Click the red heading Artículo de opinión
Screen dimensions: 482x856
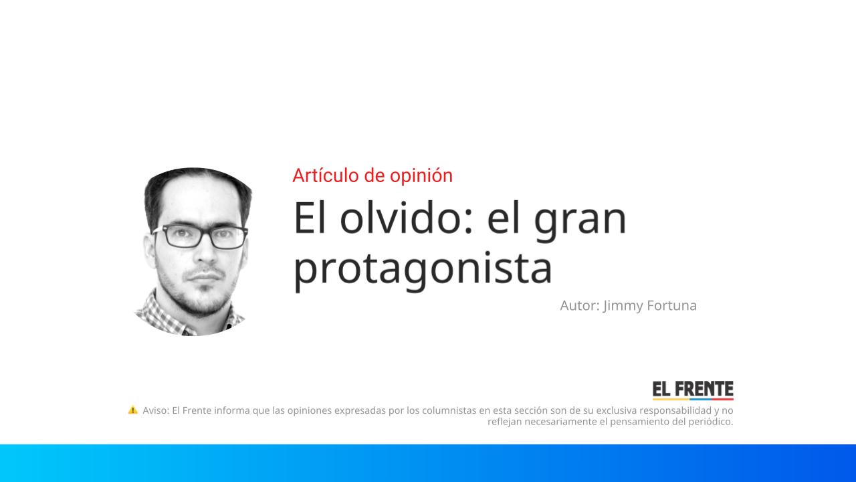pyautogui.click(x=372, y=175)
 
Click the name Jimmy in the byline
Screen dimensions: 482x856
pyautogui.click(x=623, y=305)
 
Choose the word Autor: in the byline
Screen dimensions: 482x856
pyautogui.click(x=579, y=305)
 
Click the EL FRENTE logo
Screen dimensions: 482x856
pyautogui.click(x=693, y=390)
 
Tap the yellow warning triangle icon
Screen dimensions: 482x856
pyautogui.click(x=133, y=410)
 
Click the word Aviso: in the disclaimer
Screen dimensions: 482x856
pyautogui.click(x=156, y=410)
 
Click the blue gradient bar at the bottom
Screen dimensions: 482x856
pyautogui.click(x=428, y=463)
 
